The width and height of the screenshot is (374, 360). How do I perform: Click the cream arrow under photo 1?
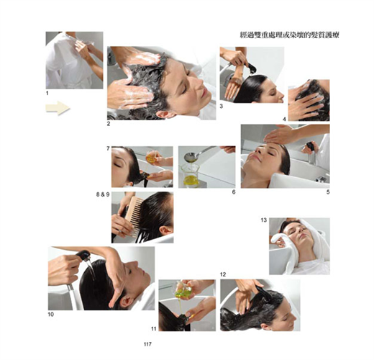click(x=58, y=108)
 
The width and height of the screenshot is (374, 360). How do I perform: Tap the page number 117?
click(x=147, y=344)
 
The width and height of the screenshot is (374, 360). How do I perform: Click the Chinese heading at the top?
click(x=290, y=35)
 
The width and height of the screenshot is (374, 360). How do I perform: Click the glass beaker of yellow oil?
click(x=191, y=175)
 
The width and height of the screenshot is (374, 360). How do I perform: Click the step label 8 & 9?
click(x=103, y=194)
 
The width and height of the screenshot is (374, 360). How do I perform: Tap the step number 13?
click(x=264, y=220)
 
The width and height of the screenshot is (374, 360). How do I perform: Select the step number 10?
click(x=51, y=314)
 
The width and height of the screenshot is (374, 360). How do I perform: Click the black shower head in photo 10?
click(x=83, y=256)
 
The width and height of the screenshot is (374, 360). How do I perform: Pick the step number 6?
click(x=234, y=192)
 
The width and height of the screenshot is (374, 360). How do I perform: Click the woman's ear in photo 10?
click(x=125, y=302)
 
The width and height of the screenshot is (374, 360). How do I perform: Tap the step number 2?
click(x=109, y=124)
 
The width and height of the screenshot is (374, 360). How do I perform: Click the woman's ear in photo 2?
click(x=166, y=114)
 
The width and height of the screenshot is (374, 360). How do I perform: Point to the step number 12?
click(x=223, y=274)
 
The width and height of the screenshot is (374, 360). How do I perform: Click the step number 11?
click(x=154, y=328)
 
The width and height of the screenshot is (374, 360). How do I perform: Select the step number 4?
click(x=284, y=119)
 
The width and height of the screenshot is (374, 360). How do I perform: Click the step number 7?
click(x=108, y=148)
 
